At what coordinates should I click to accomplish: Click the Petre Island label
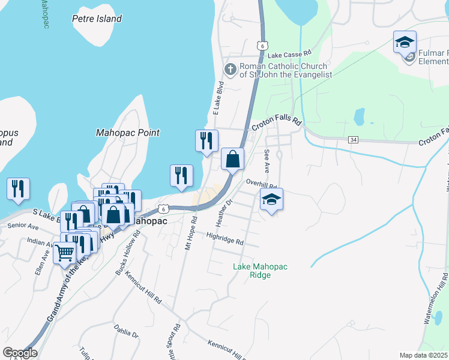point(97,19)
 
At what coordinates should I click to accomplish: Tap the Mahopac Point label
point(128,133)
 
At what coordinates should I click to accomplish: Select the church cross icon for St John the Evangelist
point(229,70)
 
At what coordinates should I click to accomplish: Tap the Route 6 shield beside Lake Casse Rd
point(261,45)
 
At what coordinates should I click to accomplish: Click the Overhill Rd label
point(261,184)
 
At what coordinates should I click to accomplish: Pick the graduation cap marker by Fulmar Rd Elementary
point(405,43)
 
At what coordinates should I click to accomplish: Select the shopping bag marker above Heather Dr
point(233,159)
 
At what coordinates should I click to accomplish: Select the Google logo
point(20,353)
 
